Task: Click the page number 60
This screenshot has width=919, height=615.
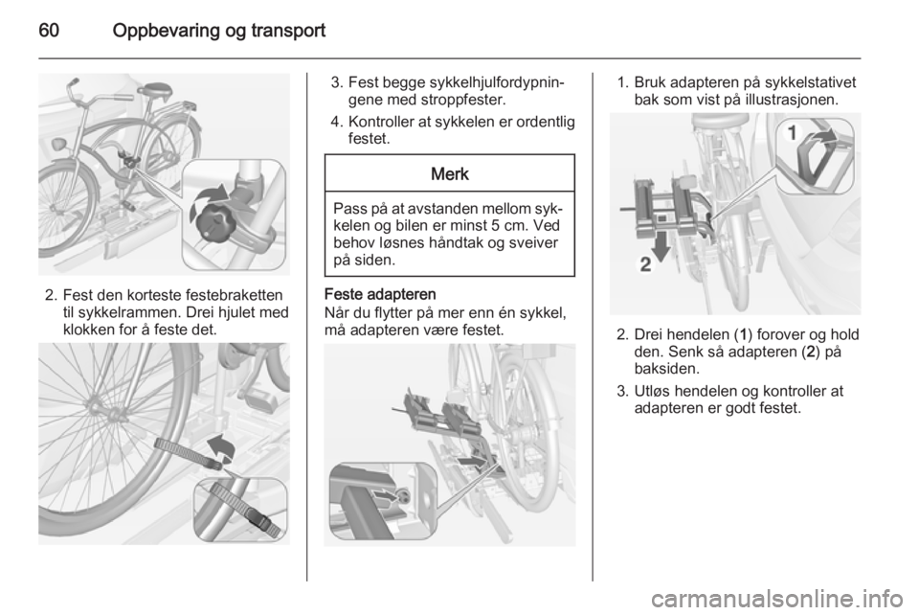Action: (x=49, y=30)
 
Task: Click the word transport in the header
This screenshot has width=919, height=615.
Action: (x=286, y=31)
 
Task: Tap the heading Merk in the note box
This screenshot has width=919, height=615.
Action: (x=450, y=174)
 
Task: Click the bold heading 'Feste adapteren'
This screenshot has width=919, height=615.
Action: (x=380, y=294)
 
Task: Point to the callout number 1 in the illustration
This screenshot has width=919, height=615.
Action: (x=792, y=133)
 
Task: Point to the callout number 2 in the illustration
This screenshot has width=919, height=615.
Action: (x=645, y=265)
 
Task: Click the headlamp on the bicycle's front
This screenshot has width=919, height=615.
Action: (x=59, y=144)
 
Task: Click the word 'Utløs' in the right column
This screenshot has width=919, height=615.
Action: (x=652, y=391)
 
